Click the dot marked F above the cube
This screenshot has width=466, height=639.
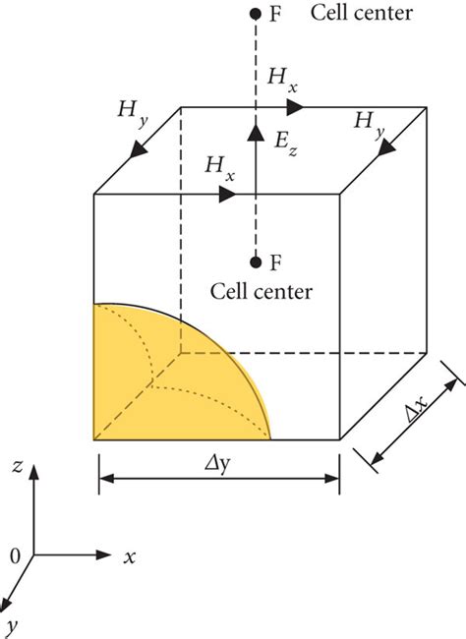256,15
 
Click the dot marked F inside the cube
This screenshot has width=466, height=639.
256,262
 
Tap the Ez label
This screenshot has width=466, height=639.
285,144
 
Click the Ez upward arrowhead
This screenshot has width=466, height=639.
256,133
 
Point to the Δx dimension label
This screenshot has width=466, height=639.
417,408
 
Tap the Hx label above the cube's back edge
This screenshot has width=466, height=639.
282,80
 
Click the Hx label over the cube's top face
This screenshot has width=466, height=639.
220,167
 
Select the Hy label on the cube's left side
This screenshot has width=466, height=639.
132,113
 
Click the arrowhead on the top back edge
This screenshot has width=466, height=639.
295,107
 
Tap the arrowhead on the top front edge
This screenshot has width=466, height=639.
227,195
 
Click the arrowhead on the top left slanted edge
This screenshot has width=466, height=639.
139,149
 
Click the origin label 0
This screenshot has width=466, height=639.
15,555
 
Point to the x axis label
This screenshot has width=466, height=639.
130,556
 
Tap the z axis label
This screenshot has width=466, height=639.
17,466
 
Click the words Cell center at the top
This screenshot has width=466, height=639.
362,13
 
